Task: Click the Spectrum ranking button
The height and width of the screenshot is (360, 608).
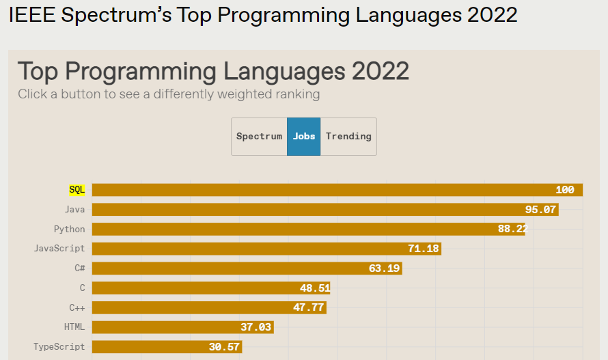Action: tap(259, 136)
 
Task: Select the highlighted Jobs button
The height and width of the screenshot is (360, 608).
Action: tap(304, 136)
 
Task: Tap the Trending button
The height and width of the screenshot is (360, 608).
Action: tap(348, 136)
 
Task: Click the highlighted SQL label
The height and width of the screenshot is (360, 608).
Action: tap(77, 190)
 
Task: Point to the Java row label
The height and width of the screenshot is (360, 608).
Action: tap(74, 210)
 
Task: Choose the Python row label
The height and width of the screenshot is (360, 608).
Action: tap(69, 229)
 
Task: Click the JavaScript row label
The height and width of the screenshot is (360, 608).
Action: tap(59, 249)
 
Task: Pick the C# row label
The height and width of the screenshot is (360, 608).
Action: tap(80, 268)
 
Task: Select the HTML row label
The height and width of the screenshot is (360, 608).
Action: tap(74, 327)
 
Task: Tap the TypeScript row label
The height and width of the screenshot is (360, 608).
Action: tap(59, 347)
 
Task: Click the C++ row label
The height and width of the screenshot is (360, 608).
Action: tap(77, 307)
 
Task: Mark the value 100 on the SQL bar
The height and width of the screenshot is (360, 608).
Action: tap(565, 190)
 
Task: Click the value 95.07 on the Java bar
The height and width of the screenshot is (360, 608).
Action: tap(540, 210)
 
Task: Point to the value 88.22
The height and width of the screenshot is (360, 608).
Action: tap(512, 229)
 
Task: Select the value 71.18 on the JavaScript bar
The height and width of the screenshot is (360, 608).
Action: tap(424, 249)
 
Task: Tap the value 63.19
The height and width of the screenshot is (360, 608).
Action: tap(384, 268)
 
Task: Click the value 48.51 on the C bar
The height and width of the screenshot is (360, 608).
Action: tap(315, 288)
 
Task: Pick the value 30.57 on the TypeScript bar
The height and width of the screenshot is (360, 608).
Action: tap(224, 347)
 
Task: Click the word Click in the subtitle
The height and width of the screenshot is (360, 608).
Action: tap(33, 94)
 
